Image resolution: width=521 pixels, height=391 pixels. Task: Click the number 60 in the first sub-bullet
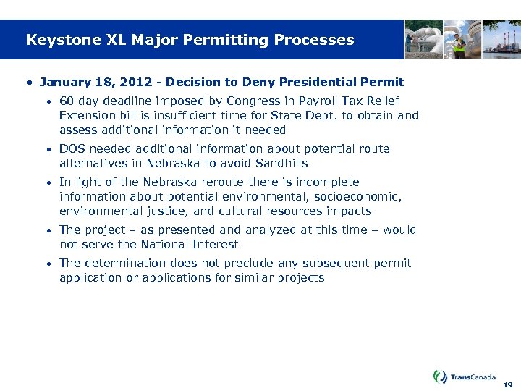(67, 101)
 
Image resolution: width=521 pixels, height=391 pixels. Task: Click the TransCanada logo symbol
(440, 377)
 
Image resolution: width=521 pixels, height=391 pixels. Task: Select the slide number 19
(508, 384)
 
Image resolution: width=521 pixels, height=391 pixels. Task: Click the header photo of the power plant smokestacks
(502, 38)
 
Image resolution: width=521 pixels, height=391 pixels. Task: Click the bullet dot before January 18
(29, 83)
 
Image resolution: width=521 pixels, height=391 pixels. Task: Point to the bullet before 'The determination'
(48, 264)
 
